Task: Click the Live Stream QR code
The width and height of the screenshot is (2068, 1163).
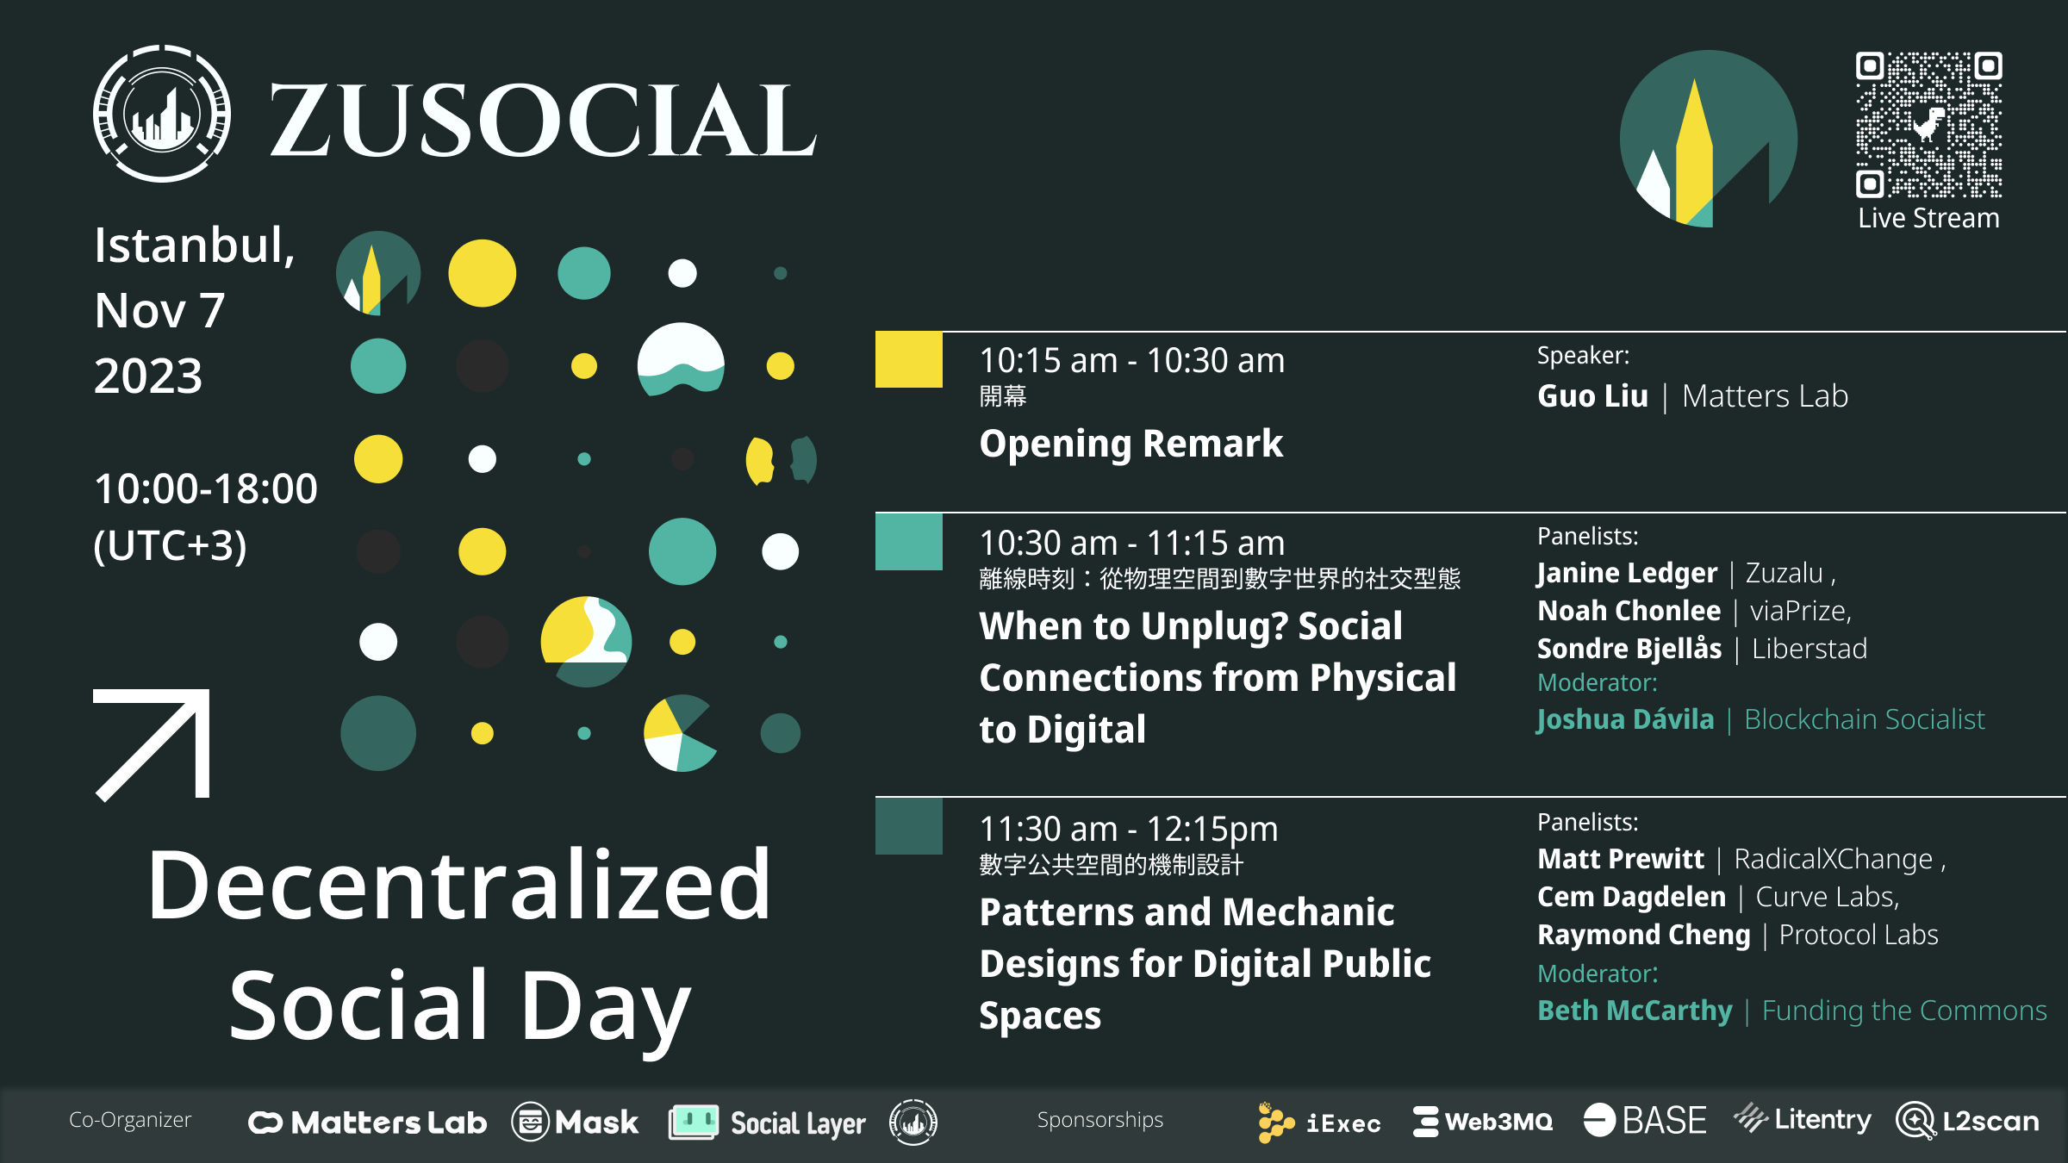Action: coord(1928,125)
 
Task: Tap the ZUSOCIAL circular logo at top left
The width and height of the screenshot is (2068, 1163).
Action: coord(162,113)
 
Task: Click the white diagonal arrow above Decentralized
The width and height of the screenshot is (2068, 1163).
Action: coord(153,745)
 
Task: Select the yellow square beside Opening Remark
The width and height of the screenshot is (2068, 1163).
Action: coord(909,359)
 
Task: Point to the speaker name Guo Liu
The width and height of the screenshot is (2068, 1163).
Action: coord(1592,396)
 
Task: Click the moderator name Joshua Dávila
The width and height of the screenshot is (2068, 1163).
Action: coord(1625,719)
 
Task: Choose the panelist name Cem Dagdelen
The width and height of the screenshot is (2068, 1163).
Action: coord(1631,897)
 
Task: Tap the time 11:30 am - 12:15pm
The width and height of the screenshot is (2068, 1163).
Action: coord(1129,830)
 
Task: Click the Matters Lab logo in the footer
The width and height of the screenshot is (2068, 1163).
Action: coord(368,1123)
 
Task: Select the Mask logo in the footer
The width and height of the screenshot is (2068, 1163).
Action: coord(575,1123)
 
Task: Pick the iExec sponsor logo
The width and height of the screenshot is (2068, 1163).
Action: coord(1318,1123)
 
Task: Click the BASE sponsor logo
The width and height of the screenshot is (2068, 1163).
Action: coord(1645,1121)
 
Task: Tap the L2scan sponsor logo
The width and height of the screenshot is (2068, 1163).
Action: coord(1967,1121)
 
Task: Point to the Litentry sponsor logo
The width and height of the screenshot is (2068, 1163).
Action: coord(1802,1119)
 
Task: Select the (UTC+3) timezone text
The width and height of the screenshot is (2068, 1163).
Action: coord(170,546)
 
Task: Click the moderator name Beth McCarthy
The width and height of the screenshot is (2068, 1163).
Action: coord(1635,1011)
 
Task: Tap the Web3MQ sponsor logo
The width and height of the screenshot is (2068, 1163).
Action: coord(1483,1122)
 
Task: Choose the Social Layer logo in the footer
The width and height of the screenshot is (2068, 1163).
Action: coord(767,1123)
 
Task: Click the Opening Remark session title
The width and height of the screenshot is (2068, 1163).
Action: coord(1131,445)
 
